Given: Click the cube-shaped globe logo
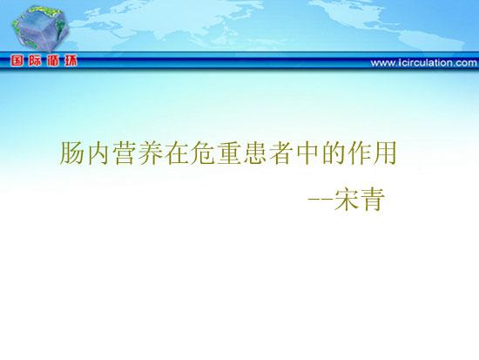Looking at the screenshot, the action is (40, 28).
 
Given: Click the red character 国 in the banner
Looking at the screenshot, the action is (17, 61).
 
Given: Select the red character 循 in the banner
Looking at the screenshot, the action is (53, 61).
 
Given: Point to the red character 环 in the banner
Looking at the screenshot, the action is (71, 61).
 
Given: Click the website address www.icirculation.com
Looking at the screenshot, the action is (424, 63).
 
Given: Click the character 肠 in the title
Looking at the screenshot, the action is (71, 153).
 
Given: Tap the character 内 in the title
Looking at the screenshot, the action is (98, 153).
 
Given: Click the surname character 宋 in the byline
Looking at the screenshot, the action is (347, 200).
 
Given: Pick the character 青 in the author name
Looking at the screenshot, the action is (373, 200).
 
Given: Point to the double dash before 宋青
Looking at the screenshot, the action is (320, 200).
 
